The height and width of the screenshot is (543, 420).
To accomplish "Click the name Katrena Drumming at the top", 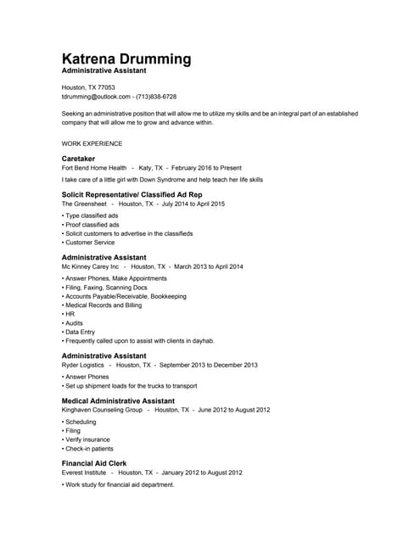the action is pyautogui.click(x=126, y=59).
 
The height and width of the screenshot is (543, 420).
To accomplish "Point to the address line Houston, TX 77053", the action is pyautogui.click(x=88, y=87).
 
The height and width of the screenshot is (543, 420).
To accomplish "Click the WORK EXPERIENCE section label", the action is pyautogui.click(x=92, y=144).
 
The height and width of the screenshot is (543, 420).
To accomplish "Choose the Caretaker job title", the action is pyautogui.click(x=78, y=159).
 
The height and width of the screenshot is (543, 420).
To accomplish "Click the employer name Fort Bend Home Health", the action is pyautogui.click(x=94, y=168).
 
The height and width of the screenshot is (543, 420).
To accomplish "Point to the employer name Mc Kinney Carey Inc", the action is pyautogui.click(x=91, y=266).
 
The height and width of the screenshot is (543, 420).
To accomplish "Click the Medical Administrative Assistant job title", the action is pyautogui.click(x=119, y=400).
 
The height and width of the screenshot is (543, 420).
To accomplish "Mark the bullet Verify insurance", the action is pyautogui.click(x=87, y=439).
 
